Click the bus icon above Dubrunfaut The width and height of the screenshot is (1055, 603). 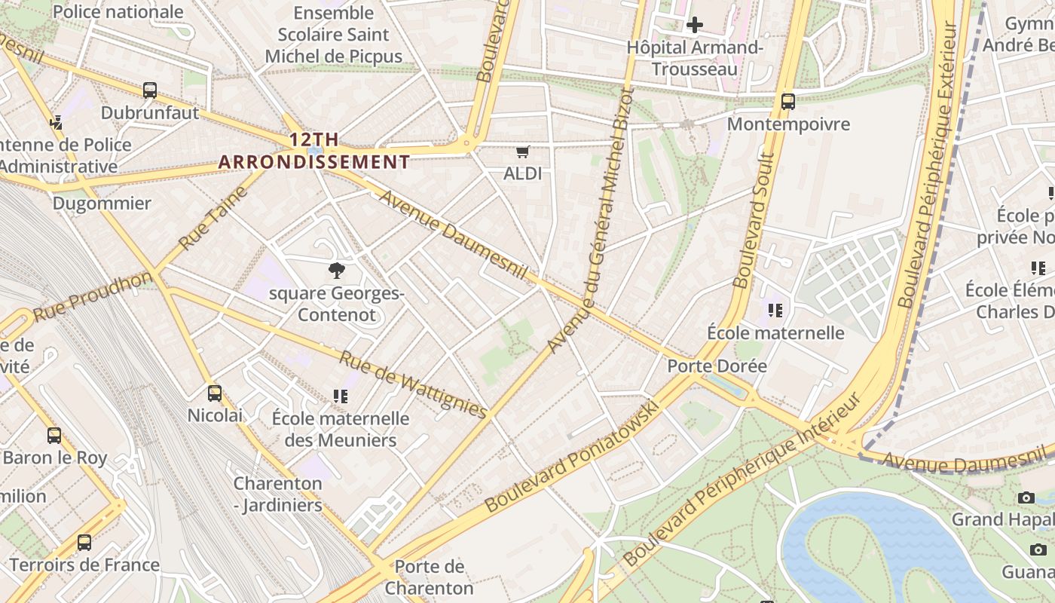tap(150, 90)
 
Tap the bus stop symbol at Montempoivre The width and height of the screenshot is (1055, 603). tap(788, 101)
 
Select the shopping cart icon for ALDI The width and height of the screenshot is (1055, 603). tap(523, 152)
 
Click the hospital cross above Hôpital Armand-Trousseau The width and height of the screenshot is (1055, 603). tap(694, 25)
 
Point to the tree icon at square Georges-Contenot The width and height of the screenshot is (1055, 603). tap(336, 271)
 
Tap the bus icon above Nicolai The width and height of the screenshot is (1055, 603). tap(215, 393)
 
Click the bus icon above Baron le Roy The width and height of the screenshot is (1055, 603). tap(54, 435)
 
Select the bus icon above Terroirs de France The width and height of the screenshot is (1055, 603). tap(84, 542)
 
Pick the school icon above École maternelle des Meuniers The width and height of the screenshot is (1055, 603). tap(341, 396)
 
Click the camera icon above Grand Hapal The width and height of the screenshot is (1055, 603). tap(1026, 497)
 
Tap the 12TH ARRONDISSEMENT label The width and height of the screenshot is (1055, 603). tap(314, 151)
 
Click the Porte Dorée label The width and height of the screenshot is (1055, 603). tap(717, 366)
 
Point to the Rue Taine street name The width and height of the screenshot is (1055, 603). tap(213, 219)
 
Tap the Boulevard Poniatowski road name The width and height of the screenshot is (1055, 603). tap(572, 457)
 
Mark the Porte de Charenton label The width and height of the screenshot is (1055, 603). tap(430, 577)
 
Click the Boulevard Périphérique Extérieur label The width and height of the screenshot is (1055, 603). tap(927, 166)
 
